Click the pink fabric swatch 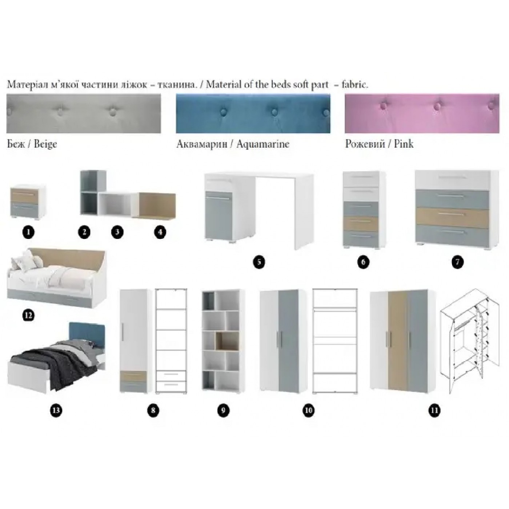click(x=422, y=113)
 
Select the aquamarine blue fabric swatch click(x=253, y=113)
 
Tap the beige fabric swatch click(x=84, y=113)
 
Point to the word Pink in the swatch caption click(x=404, y=144)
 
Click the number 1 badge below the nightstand click(x=29, y=232)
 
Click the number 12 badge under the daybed click(x=29, y=315)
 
